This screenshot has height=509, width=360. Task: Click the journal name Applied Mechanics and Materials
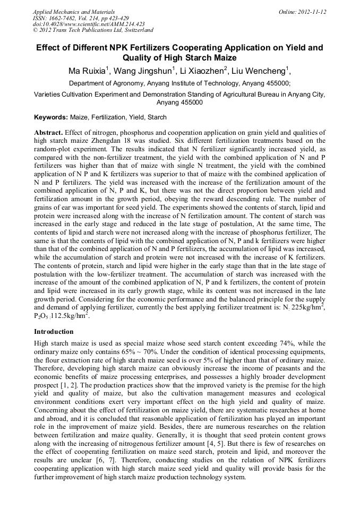[74, 11]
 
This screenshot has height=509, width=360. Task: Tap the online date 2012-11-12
[310, 11]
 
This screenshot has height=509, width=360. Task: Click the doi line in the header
[89, 24]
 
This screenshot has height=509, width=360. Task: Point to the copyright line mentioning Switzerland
[93, 30]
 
